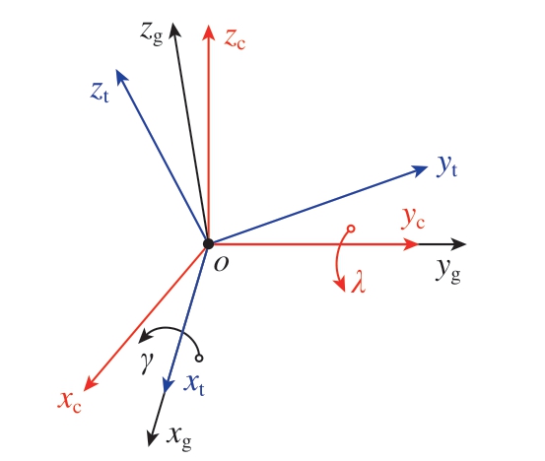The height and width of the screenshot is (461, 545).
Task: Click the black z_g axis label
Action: tap(152, 33)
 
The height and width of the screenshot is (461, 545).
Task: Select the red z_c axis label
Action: tap(235, 39)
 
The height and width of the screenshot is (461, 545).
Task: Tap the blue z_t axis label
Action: tap(100, 92)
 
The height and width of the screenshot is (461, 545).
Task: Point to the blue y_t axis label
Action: tap(447, 166)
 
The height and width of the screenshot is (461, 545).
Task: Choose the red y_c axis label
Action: tap(413, 219)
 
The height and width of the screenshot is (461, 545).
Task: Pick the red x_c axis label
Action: tap(70, 402)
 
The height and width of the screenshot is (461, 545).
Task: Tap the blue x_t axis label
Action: tap(194, 385)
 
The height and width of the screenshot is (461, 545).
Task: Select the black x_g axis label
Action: tap(179, 438)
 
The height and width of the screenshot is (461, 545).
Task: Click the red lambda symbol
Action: tap(359, 282)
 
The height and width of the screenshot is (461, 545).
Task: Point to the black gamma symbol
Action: tap(147, 362)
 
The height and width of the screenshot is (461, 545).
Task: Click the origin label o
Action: tap(222, 265)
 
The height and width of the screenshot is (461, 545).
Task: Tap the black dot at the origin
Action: tap(208, 244)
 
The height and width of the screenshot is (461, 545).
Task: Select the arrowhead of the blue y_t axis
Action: tap(420, 169)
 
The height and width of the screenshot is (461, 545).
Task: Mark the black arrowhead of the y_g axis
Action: tap(458, 244)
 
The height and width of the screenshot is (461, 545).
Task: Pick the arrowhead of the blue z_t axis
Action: tap(120, 77)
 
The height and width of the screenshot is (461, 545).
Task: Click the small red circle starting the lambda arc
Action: tap(351, 229)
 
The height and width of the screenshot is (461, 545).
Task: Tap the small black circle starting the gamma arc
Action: tap(199, 358)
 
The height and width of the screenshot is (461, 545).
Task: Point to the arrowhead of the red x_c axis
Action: tap(91, 383)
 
